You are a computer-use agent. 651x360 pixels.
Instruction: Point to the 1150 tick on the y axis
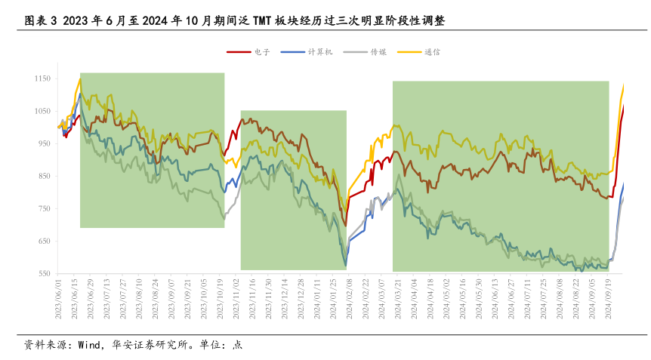42,78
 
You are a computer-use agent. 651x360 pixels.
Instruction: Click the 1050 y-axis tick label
42,111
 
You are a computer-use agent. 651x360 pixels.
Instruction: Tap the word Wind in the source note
89,344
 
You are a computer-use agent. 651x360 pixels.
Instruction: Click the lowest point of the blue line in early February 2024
346,265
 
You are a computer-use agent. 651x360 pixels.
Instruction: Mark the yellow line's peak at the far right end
624,85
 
